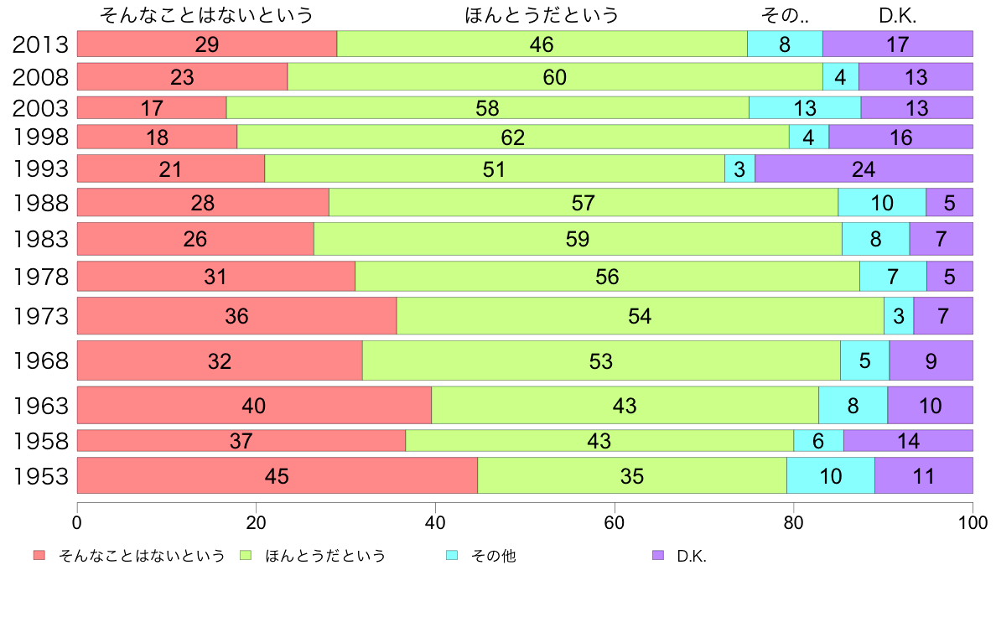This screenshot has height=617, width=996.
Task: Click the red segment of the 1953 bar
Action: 277,475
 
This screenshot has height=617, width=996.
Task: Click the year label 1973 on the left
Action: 40,316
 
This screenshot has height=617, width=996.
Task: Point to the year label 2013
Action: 40,44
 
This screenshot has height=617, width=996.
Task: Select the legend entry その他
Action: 493,556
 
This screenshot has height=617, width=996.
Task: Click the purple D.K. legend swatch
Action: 657,556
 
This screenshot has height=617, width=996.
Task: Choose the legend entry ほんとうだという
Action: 325,556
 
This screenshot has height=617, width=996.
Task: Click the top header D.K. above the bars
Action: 897,15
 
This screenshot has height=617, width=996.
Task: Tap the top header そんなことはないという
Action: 206,15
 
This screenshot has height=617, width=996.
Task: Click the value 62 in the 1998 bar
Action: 512,137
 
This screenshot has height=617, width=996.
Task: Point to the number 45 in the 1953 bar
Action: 277,475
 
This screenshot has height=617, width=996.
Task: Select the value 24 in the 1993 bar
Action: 863,169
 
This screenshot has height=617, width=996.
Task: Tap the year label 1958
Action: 40,440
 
